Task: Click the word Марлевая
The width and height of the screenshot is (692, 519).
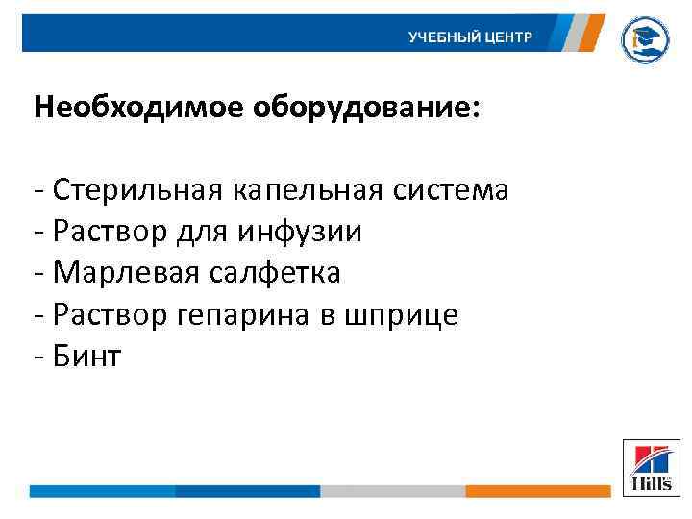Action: click(x=125, y=274)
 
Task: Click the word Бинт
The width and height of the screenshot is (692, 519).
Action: click(x=87, y=358)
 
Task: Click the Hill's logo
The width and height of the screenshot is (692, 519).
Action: click(x=651, y=467)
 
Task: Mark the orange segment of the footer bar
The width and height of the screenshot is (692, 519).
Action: click(x=537, y=491)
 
